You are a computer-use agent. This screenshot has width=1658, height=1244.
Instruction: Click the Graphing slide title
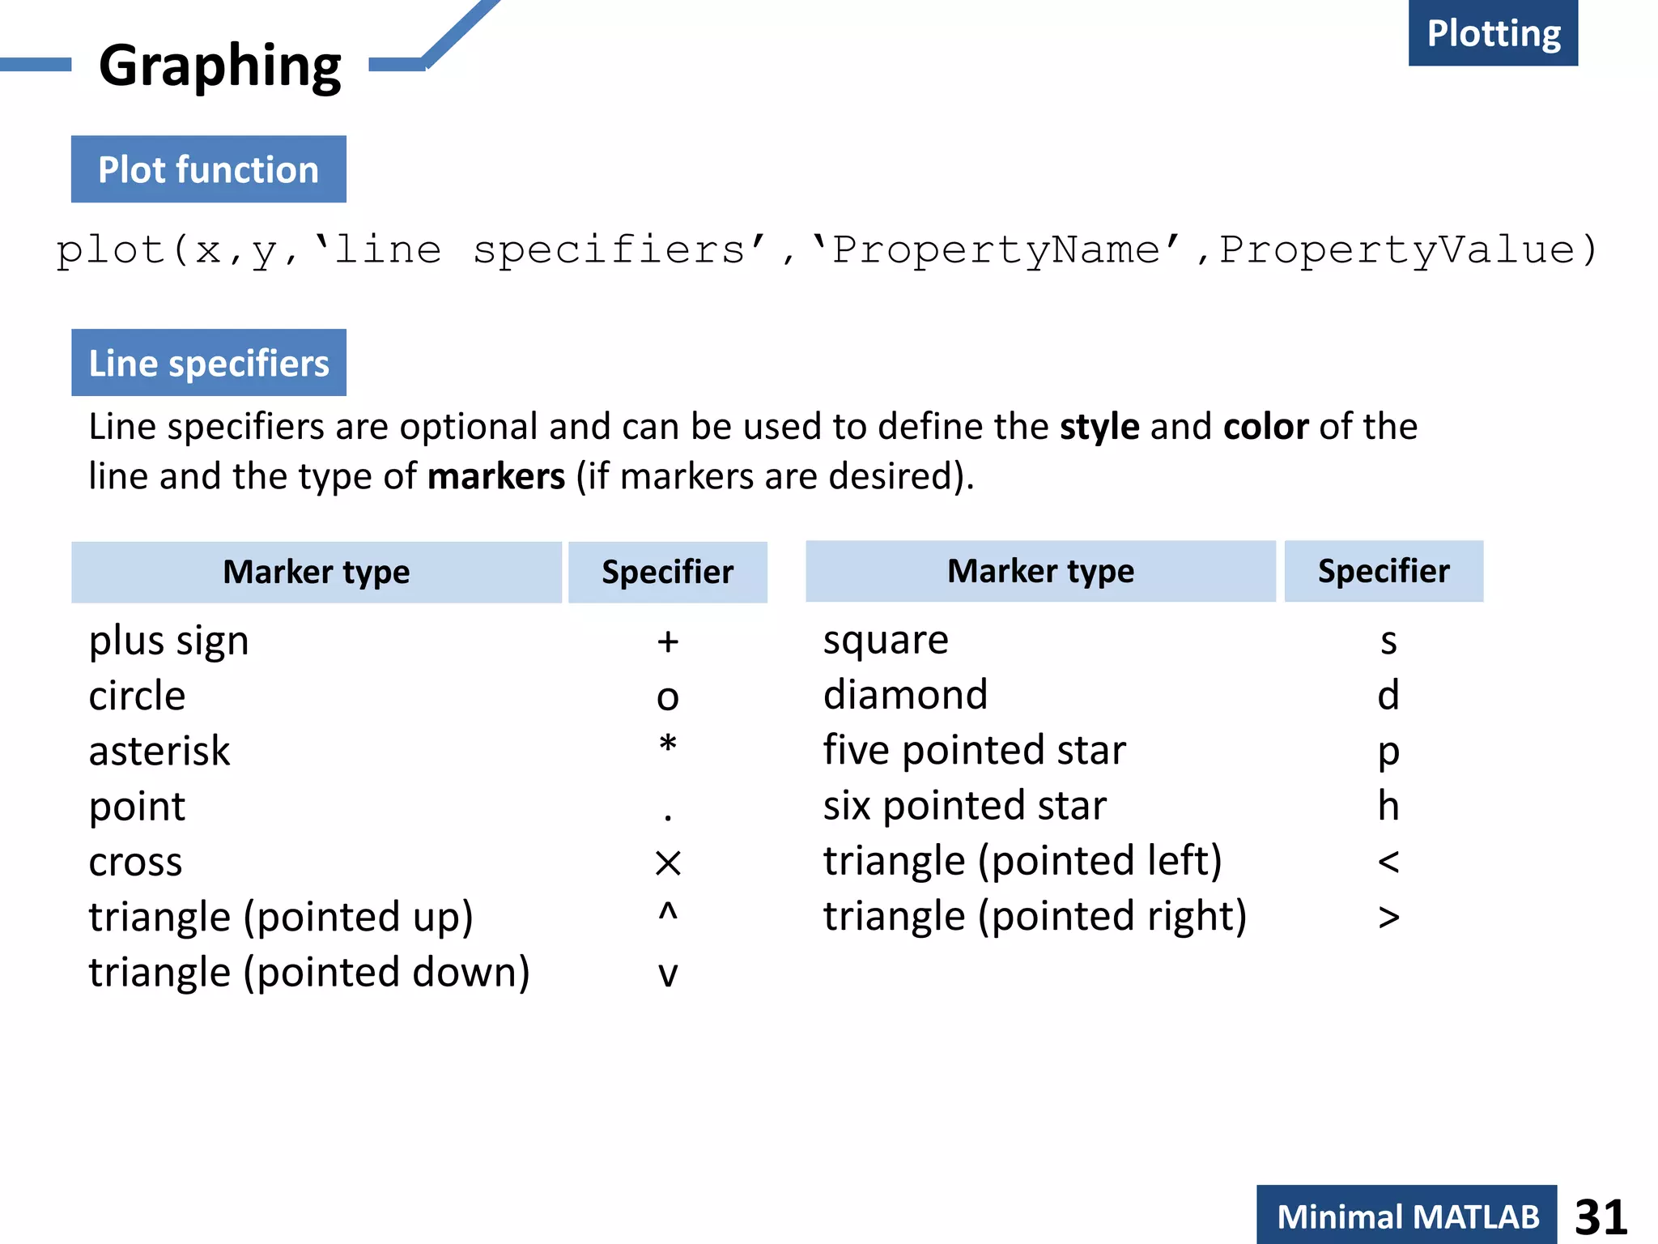(219, 66)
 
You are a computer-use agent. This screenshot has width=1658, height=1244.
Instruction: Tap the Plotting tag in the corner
(1493, 33)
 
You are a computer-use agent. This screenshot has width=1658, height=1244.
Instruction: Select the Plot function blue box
(208, 169)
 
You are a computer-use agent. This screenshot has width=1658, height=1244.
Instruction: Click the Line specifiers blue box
(208, 363)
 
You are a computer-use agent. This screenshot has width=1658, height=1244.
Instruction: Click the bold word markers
(495, 476)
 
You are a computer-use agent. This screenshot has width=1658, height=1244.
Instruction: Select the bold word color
(1265, 427)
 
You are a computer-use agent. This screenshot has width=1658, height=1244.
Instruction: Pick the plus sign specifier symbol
(667, 641)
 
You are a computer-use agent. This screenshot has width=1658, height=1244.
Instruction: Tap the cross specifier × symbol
(668, 863)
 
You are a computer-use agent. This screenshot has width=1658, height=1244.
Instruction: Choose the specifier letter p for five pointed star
(1388, 752)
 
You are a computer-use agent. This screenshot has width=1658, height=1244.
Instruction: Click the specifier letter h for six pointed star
(1388, 806)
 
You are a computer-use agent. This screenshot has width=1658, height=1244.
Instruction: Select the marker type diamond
(905, 695)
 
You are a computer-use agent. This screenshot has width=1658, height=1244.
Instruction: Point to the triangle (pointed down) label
(309, 972)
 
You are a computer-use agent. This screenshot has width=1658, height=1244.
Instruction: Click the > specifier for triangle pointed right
(1388, 918)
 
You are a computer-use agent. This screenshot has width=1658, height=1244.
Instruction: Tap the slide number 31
(1601, 1216)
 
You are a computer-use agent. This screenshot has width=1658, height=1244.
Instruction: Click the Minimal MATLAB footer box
(1407, 1216)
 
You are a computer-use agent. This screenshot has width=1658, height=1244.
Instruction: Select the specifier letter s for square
(1388, 641)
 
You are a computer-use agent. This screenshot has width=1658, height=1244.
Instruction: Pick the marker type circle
(137, 696)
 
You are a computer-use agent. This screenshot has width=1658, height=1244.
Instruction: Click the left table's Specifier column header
(667, 572)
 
